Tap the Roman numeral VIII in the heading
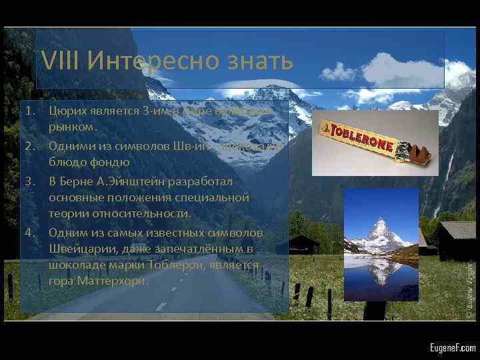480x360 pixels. (x=61, y=61)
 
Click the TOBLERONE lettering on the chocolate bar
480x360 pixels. (x=361, y=136)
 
